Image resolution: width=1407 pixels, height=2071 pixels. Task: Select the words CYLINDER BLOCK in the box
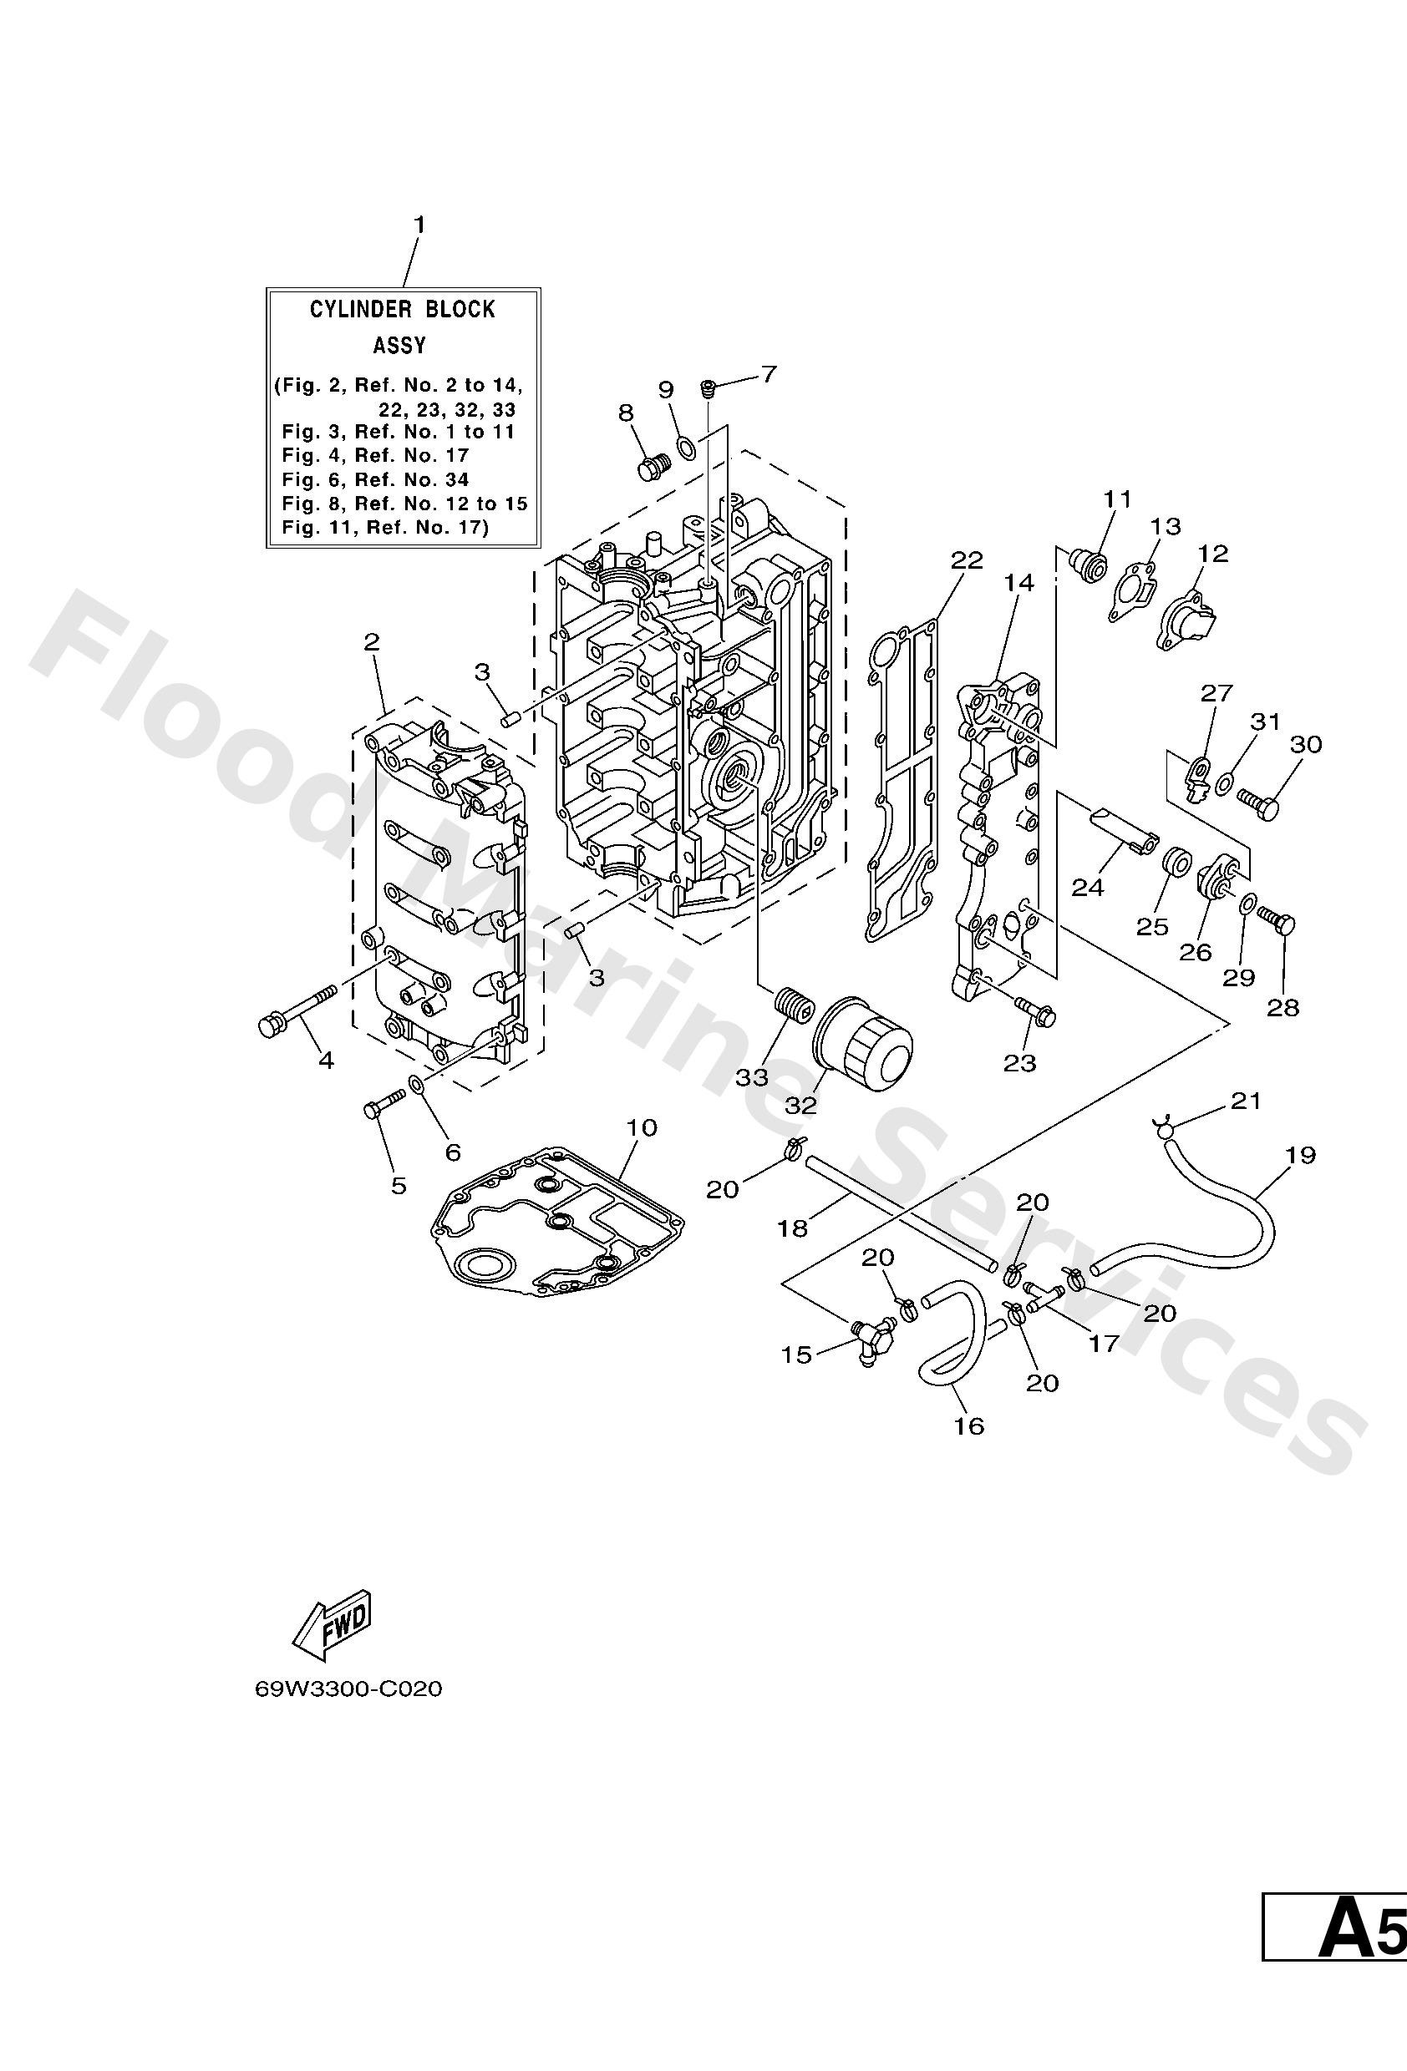point(402,309)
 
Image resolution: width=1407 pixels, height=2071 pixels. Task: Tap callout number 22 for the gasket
point(967,560)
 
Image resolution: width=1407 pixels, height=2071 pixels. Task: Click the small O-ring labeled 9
point(688,447)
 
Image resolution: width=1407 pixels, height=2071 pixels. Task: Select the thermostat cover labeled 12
point(1189,620)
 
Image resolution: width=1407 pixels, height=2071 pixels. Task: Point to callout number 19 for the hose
point(1301,1155)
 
